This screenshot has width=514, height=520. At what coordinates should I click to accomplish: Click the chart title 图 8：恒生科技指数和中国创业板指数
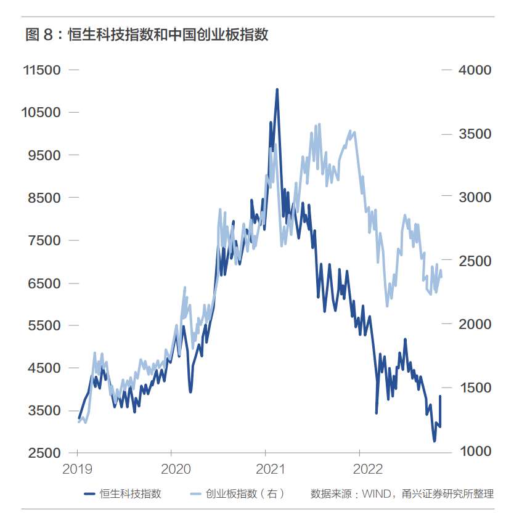(x=147, y=35)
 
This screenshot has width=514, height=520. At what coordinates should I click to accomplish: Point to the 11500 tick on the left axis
(x=42, y=70)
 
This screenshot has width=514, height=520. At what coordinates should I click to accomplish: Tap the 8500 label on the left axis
(x=44, y=198)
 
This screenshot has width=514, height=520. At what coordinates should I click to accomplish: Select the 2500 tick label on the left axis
(x=44, y=453)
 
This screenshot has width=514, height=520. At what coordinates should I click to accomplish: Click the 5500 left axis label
(x=44, y=325)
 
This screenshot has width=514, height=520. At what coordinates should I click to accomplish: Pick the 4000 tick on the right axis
(x=475, y=70)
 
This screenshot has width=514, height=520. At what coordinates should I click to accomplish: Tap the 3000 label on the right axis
(x=475, y=197)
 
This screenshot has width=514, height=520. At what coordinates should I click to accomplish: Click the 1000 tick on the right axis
(x=475, y=451)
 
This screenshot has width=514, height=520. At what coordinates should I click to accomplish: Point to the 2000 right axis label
(x=475, y=324)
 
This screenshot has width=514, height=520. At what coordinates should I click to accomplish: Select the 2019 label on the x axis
(x=77, y=469)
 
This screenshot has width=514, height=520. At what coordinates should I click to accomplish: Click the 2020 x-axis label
(x=176, y=469)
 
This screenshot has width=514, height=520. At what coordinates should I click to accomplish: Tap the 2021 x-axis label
(x=270, y=469)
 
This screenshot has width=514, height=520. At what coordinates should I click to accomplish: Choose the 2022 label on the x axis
(x=368, y=469)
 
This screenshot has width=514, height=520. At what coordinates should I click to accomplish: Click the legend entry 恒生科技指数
(x=131, y=494)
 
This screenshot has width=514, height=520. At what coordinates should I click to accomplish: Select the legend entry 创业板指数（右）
(x=245, y=494)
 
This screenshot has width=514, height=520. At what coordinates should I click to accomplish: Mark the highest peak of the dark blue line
(x=277, y=89)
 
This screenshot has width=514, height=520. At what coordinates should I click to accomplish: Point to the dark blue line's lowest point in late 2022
(x=434, y=441)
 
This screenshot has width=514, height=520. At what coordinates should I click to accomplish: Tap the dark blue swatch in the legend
(x=89, y=494)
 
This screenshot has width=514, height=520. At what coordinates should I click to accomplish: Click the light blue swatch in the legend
(x=196, y=494)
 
